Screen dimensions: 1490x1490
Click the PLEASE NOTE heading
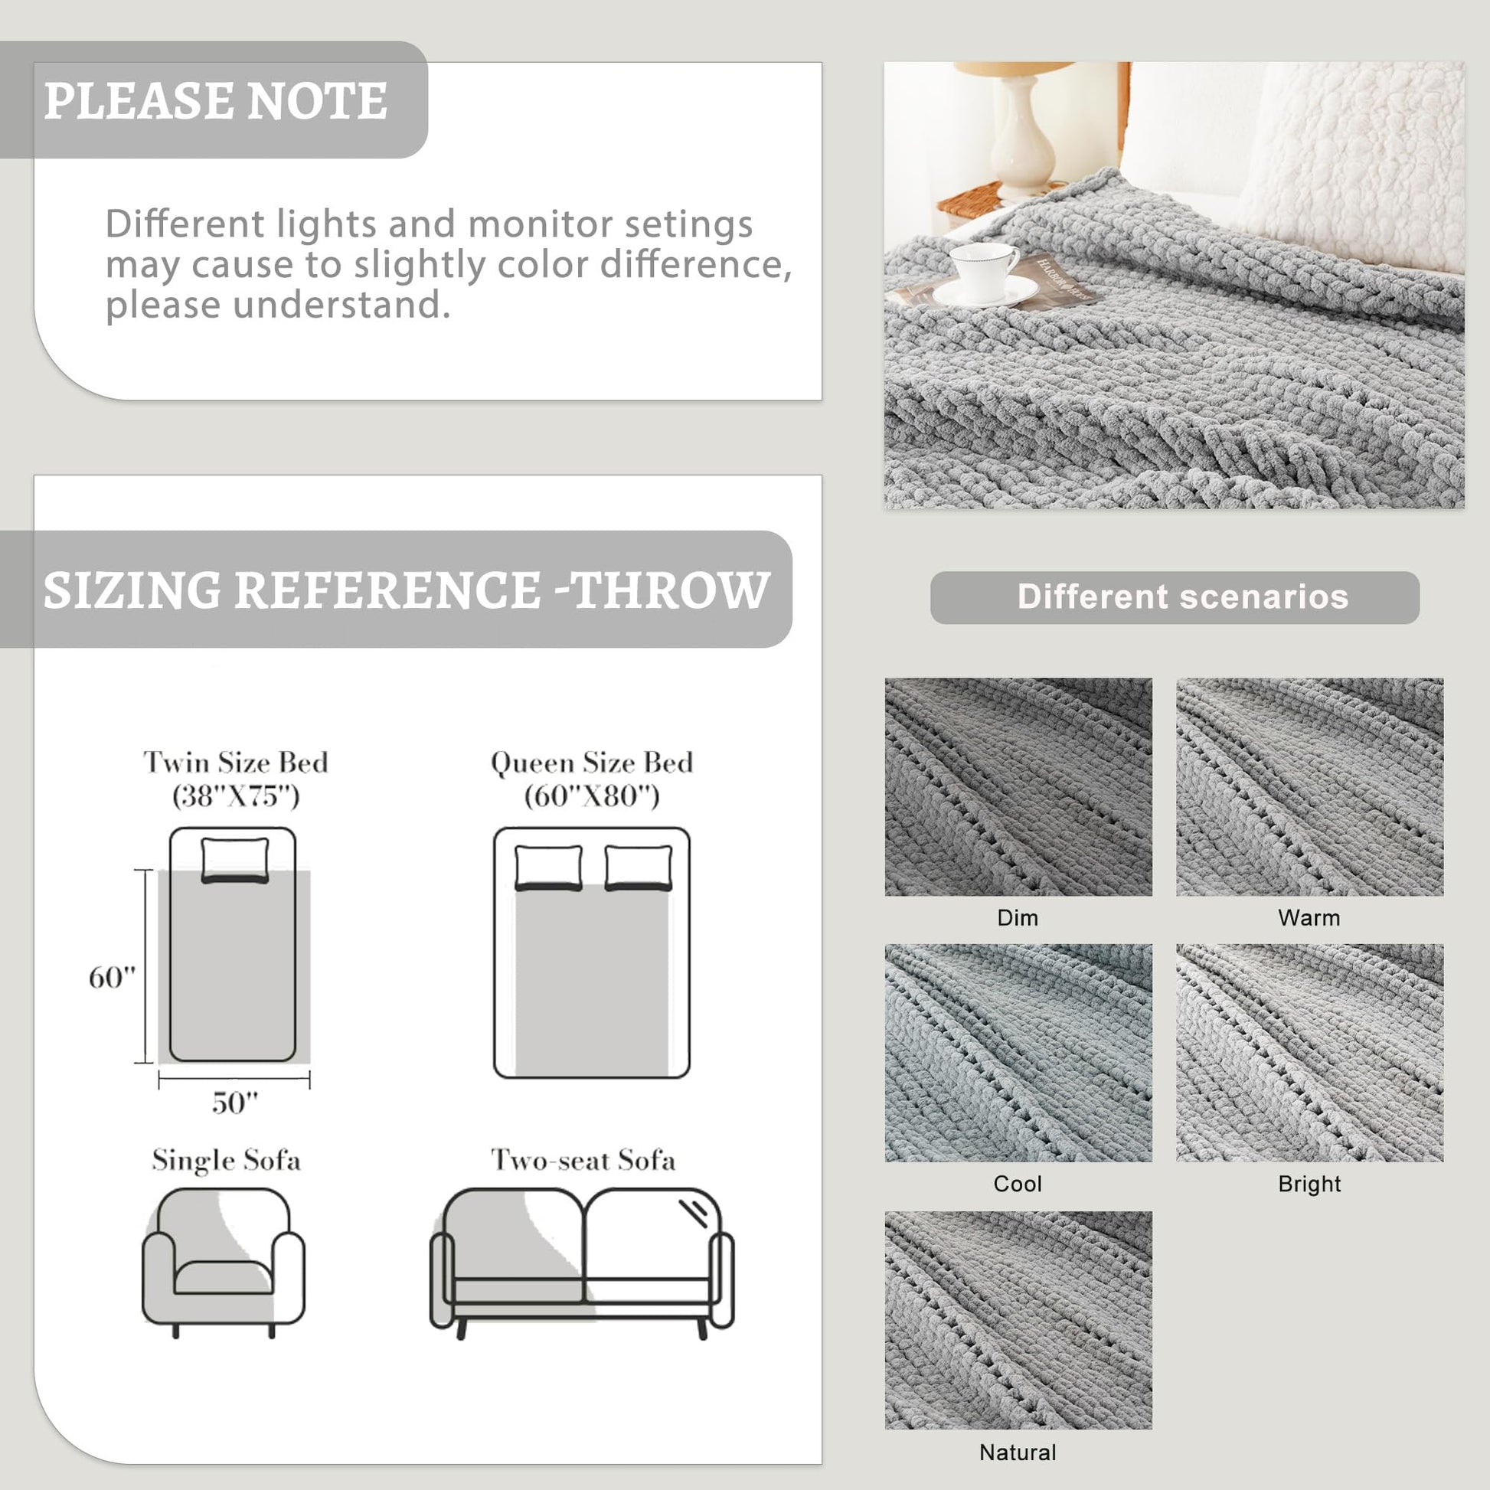tap(215, 100)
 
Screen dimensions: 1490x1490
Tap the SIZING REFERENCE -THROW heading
tap(407, 590)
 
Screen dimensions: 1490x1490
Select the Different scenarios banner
tap(1175, 597)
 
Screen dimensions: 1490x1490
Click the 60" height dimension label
tap(112, 977)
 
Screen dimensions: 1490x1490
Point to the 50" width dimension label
tap(234, 1102)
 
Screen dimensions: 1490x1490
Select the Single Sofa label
tap(226, 1160)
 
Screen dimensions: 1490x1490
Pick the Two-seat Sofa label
tap(583, 1160)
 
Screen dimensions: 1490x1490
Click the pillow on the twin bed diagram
tap(235, 859)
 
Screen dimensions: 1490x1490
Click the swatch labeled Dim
tap(1018, 786)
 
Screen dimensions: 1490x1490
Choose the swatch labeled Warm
tap(1309, 786)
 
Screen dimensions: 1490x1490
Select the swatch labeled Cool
tap(1018, 1053)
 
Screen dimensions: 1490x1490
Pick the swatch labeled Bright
tap(1309, 1053)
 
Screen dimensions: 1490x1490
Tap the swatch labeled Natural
tap(1018, 1320)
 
